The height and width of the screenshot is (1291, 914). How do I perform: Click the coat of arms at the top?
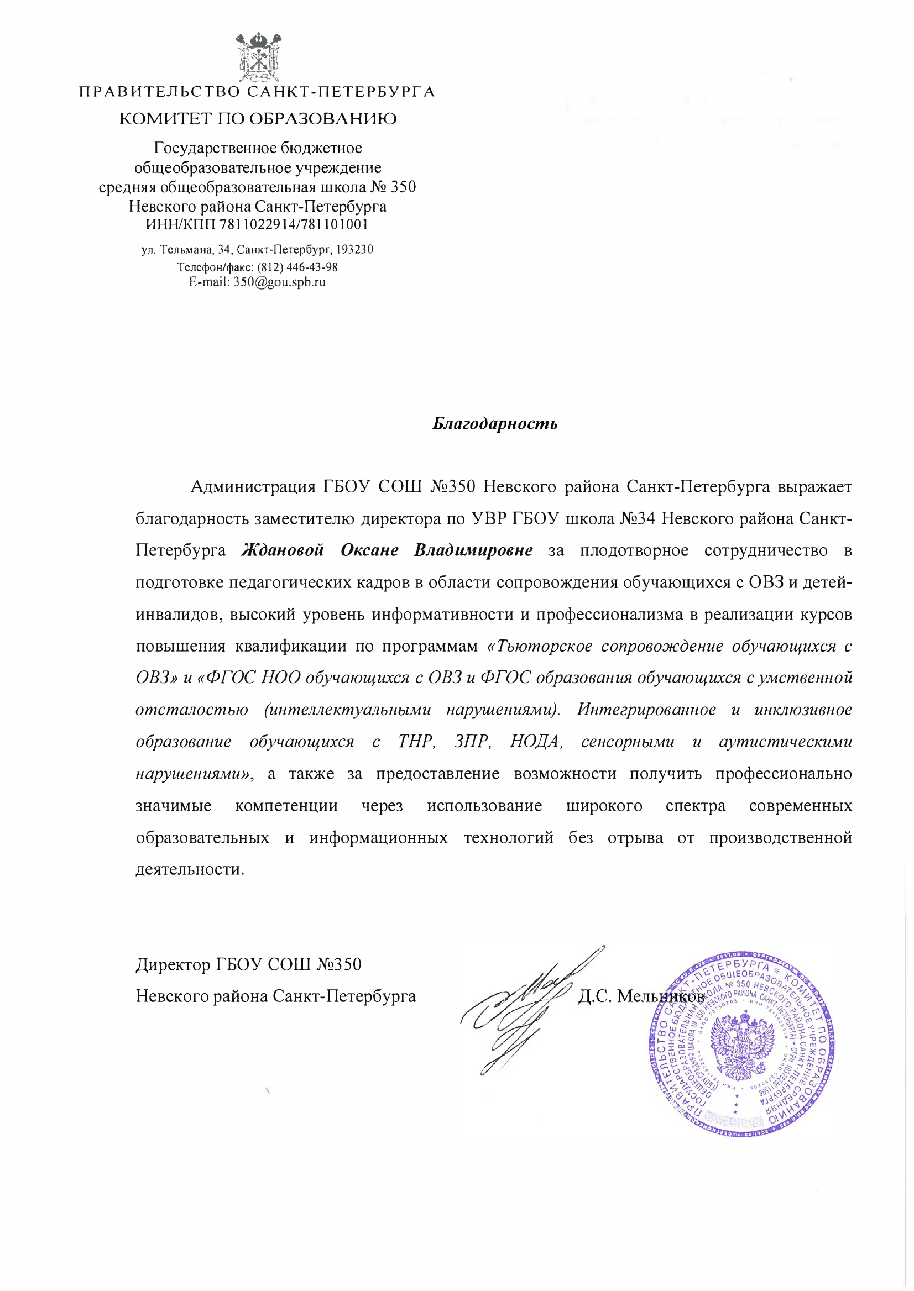(x=258, y=57)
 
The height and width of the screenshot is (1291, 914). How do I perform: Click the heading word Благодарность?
(x=495, y=423)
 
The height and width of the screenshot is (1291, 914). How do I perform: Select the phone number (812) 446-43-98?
(x=297, y=267)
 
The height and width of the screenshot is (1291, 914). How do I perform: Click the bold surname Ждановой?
(x=283, y=550)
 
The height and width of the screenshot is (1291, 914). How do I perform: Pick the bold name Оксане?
(x=369, y=550)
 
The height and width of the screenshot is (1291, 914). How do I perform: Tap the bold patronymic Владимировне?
(x=473, y=550)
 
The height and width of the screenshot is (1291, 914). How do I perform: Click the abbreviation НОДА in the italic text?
(x=536, y=742)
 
